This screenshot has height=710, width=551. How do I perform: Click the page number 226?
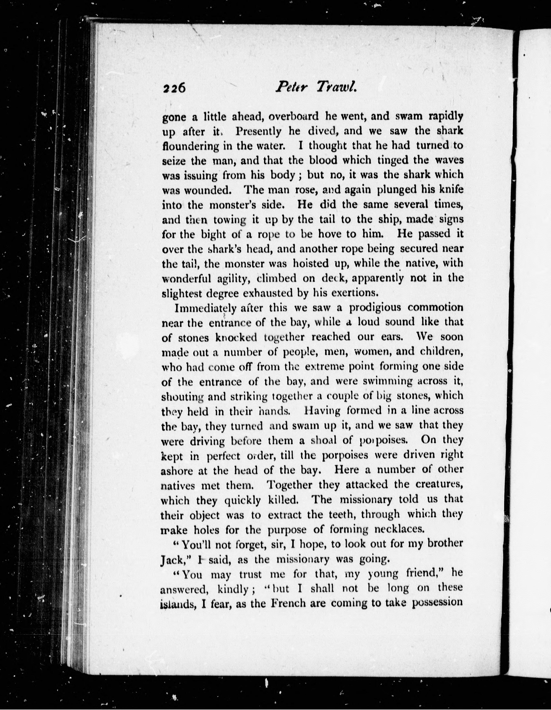click(175, 88)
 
